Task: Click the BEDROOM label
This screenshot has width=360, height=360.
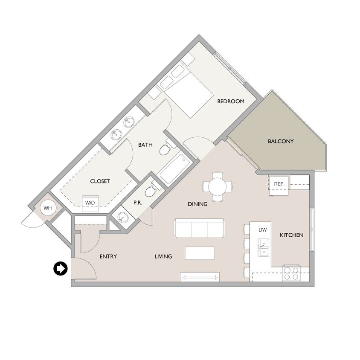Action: point(231,102)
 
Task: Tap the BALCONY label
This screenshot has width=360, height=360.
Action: point(281,141)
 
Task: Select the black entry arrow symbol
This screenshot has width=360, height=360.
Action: point(60,269)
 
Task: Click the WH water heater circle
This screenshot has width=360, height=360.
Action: point(47,208)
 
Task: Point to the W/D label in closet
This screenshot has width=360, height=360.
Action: point(90,203)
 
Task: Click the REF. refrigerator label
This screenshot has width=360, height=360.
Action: point(279,184)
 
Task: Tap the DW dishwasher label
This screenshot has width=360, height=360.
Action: point(263,230)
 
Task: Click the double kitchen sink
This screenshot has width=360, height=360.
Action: point(263,247)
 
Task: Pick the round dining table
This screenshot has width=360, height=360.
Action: point(218,186)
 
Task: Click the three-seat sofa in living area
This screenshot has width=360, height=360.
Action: point(199,229)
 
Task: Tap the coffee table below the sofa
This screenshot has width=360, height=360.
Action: point(199,253)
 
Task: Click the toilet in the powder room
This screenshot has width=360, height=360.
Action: point(151,191)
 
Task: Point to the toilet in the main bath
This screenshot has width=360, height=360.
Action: point(166,149)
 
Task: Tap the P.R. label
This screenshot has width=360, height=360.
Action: point(137,203)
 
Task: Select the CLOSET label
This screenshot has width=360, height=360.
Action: point(100,181)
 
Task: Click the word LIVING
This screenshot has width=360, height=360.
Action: point(163,256)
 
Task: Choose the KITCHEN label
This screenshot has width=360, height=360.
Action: point(291,235)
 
